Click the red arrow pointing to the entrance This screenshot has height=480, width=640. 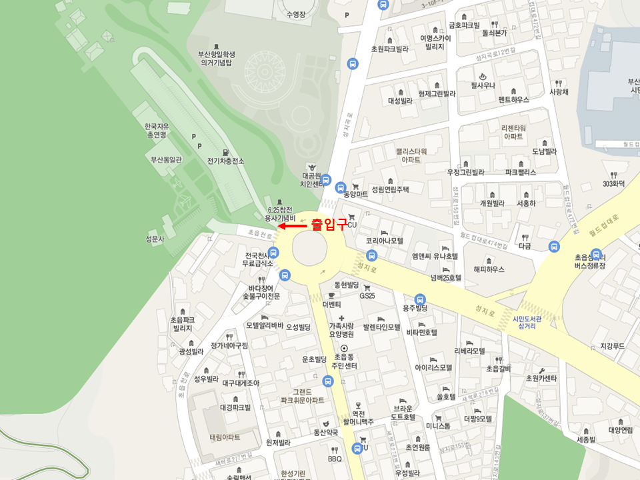tap(291, 226)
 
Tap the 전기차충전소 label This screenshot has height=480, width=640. tap(225, 161)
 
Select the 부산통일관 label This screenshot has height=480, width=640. tap(166, 160)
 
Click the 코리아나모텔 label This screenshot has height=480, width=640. tap(385, 240)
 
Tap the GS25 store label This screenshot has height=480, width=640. tap(368, 295)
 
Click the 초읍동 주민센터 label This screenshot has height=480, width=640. tap(345, 362)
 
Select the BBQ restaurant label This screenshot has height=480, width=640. tap(335, 459)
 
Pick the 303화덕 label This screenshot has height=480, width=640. tap(613, 183)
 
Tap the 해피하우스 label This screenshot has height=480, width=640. tap(489, 269)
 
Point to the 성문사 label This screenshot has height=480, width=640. tap(154, 239)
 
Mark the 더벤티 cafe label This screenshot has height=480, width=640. tap(331, 304)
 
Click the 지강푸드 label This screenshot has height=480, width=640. tap(611, 346)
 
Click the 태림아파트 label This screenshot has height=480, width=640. tap(225, 437)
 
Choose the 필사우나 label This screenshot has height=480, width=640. tap(481, 85)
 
